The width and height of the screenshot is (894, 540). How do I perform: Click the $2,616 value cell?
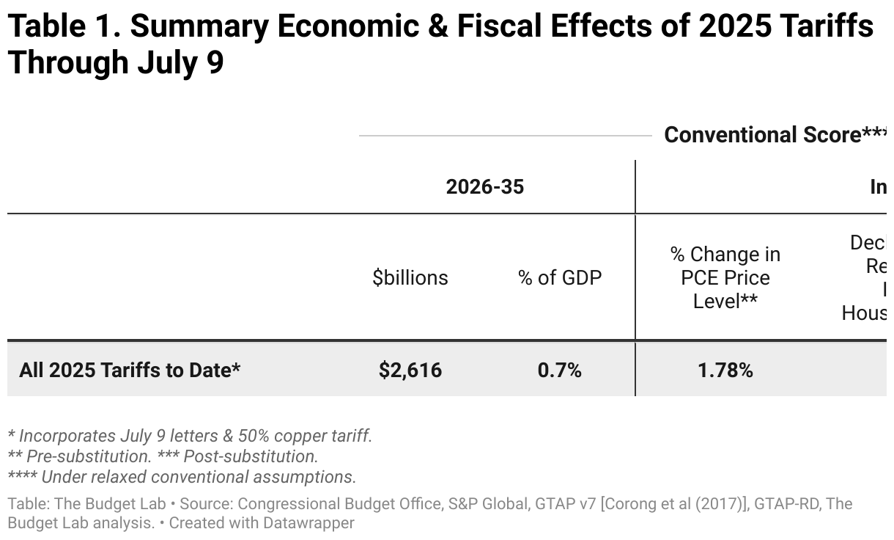coord(410,370)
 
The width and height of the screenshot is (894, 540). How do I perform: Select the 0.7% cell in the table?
coord(559,370)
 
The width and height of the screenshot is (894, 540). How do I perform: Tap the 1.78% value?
coord(725,370)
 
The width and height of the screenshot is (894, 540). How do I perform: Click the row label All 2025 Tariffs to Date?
coord(130,370)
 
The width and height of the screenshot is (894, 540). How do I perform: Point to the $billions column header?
coord(410,277)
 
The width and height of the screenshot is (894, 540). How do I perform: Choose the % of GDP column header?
coord(560,277)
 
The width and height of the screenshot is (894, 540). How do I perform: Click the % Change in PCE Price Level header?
coord(725,277)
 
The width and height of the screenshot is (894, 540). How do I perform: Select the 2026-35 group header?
coord(485,187)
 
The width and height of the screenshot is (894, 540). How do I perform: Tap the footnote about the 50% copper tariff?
coord(189,435)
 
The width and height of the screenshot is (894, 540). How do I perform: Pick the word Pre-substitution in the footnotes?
coord(89,456)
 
